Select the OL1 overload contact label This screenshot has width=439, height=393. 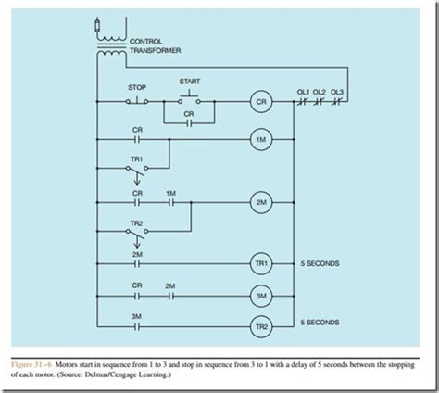[x=302, y=91]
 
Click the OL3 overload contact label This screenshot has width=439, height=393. [x=339, y=91]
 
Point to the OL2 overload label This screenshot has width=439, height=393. [x=320, y=91]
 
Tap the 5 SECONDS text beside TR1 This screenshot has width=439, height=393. [x=321, y=264]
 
